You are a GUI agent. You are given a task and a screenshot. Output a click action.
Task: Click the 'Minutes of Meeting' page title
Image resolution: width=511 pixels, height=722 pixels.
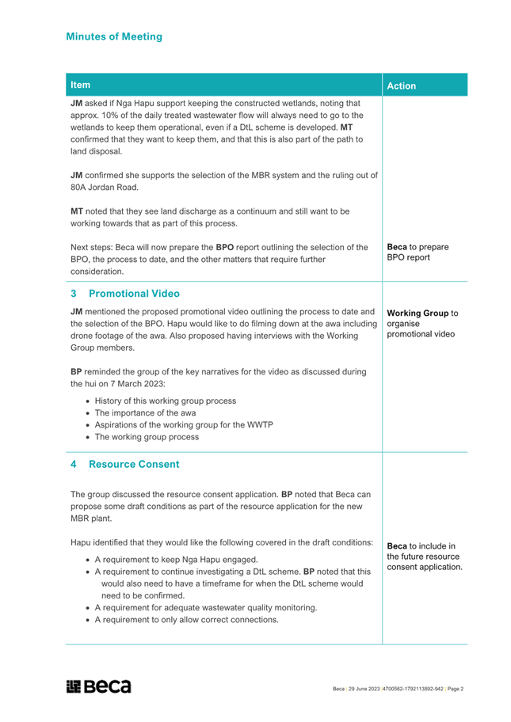[x=114, y=36]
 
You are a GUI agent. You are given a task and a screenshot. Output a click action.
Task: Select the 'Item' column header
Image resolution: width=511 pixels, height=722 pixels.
[x=80, y=85]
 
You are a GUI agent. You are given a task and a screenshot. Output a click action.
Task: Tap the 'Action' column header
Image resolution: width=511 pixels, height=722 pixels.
[x=402, y=85]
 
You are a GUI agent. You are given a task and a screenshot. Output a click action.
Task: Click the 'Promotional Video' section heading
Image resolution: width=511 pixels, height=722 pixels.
[x=133, y=294]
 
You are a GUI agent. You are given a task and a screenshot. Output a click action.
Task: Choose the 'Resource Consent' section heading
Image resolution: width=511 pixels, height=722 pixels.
[x=134, y=464]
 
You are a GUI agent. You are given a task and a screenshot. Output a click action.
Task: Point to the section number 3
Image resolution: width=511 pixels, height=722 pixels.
[x=74, y=294]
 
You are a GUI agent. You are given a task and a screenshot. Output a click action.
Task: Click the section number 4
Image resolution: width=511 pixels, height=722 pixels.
[x=74, y=464]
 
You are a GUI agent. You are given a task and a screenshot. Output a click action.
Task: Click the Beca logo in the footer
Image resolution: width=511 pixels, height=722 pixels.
[x=99, y=686]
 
